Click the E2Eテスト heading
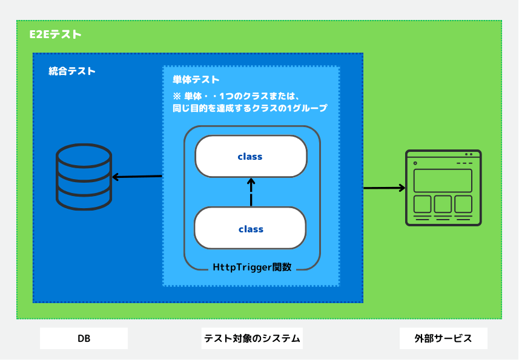[55, 34]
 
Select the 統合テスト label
[72, 71]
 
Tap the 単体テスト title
[196, 80]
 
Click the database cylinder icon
[84, 177]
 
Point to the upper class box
[251, 156]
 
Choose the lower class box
[250, 228]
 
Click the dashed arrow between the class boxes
[251, 192]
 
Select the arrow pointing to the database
[137, 177]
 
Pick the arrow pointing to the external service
[385, 188]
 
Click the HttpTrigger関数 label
[252, 267]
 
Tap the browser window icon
[443, 188]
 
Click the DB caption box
[84, 338]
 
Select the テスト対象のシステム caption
[252, 338]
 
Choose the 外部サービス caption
[443, 338]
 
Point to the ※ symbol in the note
[177, 97]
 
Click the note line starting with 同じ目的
[250, 108]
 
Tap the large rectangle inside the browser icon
[443, 180]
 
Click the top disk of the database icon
[84, 155]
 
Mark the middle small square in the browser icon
[443, 204]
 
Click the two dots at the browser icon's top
[468, 154]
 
